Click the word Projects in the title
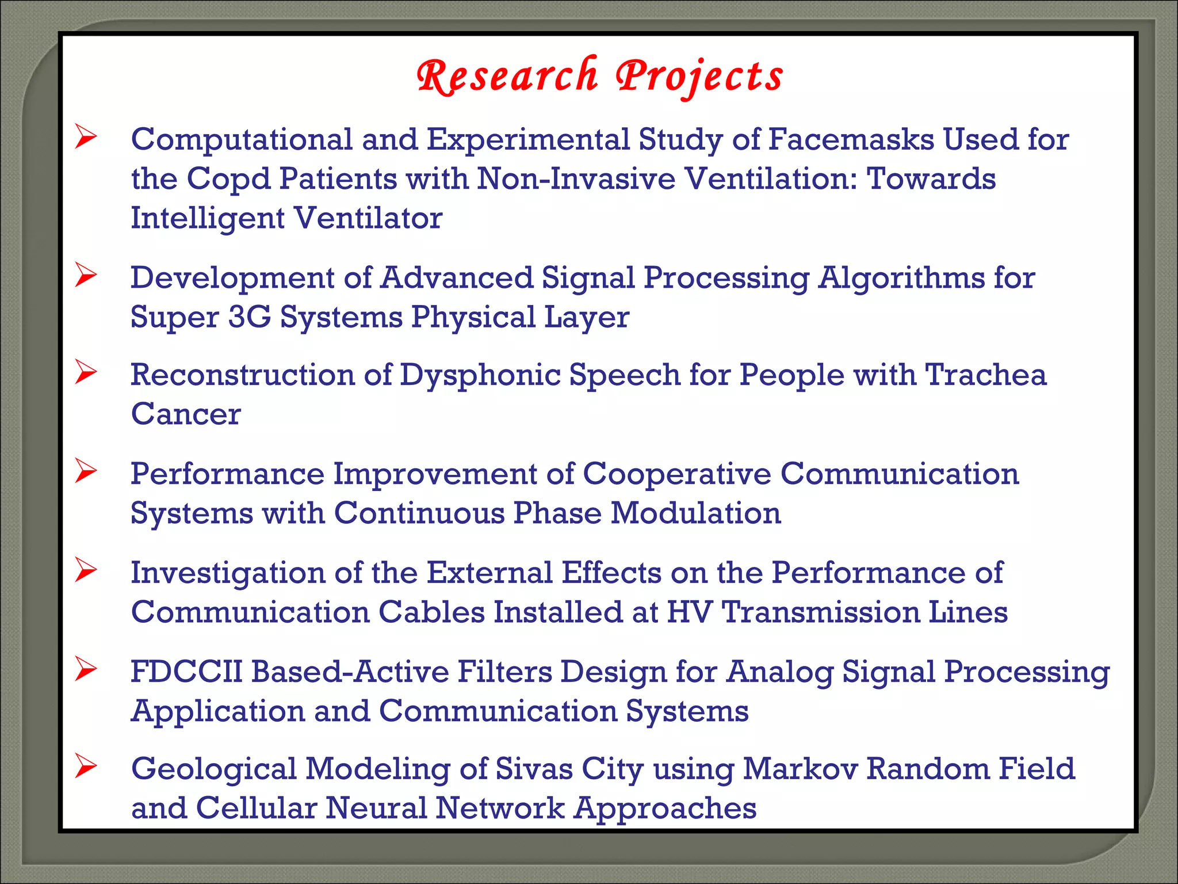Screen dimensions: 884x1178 699,76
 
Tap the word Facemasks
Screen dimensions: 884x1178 851,139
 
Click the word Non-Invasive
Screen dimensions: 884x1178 576,178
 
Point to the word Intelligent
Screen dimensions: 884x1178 208,218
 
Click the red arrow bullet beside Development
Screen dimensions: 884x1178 86,276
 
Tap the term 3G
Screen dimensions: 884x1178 249,317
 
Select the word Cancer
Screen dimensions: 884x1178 186,414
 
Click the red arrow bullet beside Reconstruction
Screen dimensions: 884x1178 86,372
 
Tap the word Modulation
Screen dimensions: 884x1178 695,513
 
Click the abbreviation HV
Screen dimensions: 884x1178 689,612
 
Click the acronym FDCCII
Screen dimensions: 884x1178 186,672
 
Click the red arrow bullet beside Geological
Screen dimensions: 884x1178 86,767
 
